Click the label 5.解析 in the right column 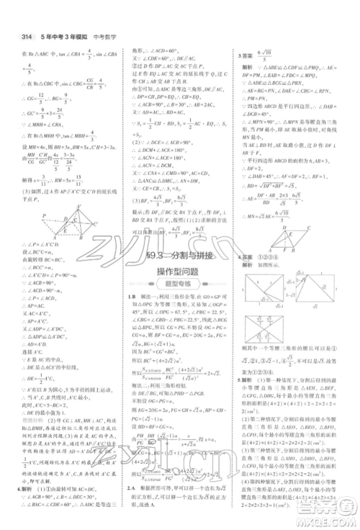point(248,382)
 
